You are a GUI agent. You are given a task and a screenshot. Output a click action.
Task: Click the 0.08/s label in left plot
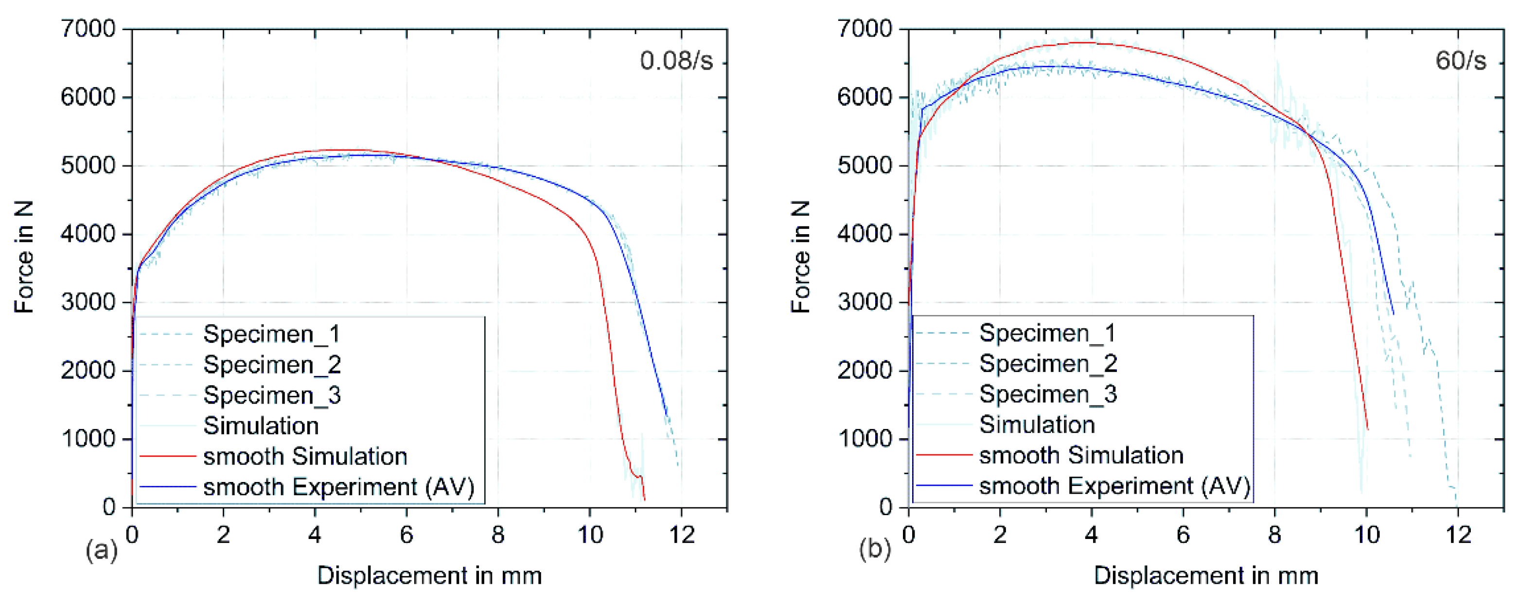pos(676,61)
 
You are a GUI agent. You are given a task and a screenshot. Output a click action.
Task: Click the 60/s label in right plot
pos(1460,61)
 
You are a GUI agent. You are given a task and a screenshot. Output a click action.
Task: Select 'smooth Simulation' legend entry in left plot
pos(305,457)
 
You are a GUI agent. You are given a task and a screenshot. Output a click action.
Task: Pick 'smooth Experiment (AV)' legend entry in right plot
pos(1114,486)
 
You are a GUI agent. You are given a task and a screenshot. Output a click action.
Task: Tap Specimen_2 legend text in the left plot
pos(272,365)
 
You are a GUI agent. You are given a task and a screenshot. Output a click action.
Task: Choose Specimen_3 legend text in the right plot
pos(1048,394)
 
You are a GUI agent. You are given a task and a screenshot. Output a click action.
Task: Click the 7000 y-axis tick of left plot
pos(88,28)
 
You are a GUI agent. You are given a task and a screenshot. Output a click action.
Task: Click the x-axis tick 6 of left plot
pos(406,535)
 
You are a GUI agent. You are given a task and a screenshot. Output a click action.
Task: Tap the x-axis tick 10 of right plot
pos(1367,535)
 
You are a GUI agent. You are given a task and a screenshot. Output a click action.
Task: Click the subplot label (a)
pos(101,550)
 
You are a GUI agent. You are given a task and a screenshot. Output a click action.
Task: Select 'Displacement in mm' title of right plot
pos(1206,575)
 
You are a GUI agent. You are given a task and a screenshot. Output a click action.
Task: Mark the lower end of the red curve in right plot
pos(1367,429)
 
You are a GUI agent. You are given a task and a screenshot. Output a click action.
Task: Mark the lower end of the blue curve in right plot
pos(1393,315)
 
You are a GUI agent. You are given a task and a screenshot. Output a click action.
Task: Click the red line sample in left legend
pos(167,456)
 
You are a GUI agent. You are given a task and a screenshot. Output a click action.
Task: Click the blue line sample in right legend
pos(943,485)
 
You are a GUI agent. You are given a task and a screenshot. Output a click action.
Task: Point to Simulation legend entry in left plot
pos(261,426)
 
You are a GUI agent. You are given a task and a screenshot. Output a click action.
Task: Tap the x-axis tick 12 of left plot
pos(682,535)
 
